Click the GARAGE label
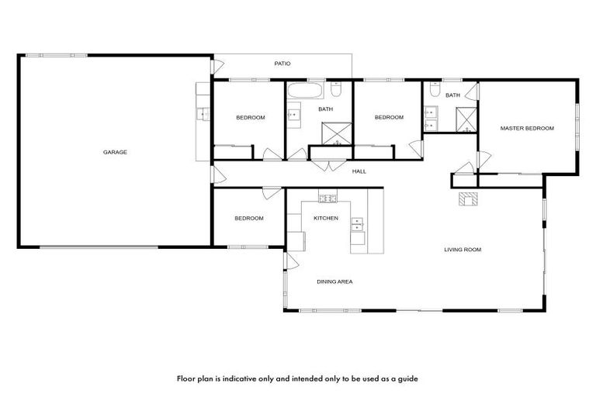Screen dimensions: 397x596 pos(115,152)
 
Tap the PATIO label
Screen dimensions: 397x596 pos(282,64)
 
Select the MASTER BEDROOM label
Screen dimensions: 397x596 pos(527,129)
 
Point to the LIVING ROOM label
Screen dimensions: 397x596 pos(463,250)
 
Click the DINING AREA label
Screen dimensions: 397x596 pos(334,281)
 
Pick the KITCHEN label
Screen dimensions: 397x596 pos(326,218)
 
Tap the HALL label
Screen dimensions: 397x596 pos(359,171)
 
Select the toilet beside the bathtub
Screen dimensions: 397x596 pos(336,88)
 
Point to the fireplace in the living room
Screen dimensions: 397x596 pos(468,199)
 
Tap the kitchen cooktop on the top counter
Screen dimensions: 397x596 pos(328,198)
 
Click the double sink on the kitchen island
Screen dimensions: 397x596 pos(358,225)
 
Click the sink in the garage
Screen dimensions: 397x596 pos(203,115)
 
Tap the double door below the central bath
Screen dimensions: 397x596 pos(328,164)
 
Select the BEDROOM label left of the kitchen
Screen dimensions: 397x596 pos(249,219)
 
